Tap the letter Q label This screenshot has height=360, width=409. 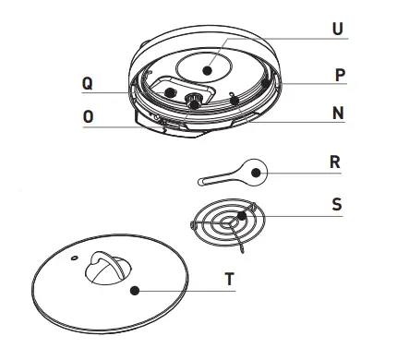87,82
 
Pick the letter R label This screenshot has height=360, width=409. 334,161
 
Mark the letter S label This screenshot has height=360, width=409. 335,204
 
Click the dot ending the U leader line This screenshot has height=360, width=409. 211,69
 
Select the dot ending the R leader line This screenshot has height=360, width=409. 257,170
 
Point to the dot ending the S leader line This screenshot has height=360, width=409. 243,215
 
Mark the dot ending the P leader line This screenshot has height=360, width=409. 267,82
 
